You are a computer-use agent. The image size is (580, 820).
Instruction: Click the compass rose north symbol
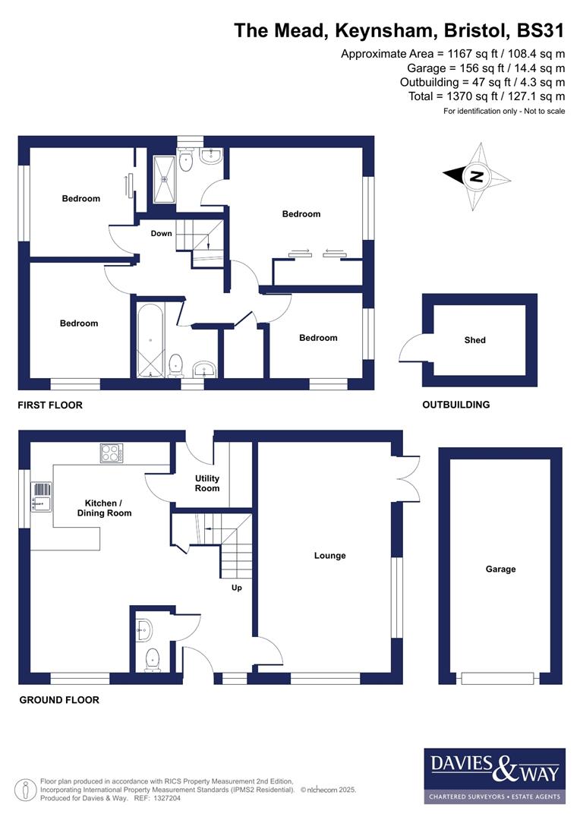pyautogui.click(x=477, y=177)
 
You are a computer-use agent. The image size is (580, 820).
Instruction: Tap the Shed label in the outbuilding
pyautogui.click(x=475, y=340)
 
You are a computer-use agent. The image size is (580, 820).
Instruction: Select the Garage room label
pyautogui.click(x=500, y=569)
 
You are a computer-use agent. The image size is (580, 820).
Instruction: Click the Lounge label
pyautogui.click(x=329, y=556)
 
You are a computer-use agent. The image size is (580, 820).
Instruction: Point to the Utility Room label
pyautogui.click(x=207, y=484)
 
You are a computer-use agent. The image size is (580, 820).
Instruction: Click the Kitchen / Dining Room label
pyautogui.click(x=104, y=508)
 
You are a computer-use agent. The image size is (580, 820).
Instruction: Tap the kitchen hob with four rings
pyautogui.click(x=112, y=453)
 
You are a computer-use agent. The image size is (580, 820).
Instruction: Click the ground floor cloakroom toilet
pyautogui.click(x=153, y=659)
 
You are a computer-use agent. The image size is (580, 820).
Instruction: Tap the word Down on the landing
pyautogui.click(x=161, y=234)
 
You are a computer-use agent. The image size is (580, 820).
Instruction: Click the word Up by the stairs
pyautogui.click(x=237, y=588)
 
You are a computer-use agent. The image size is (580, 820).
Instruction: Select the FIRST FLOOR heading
pyautogui.click(x=50, y=405)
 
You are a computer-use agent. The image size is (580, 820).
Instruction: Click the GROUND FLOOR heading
pyautogui.click(x=59, y=700)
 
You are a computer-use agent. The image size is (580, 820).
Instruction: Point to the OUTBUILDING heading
pyautogui.click(x=455, y=405)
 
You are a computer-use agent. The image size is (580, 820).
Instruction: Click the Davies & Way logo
pyautogui.click(x=494, y=775)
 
